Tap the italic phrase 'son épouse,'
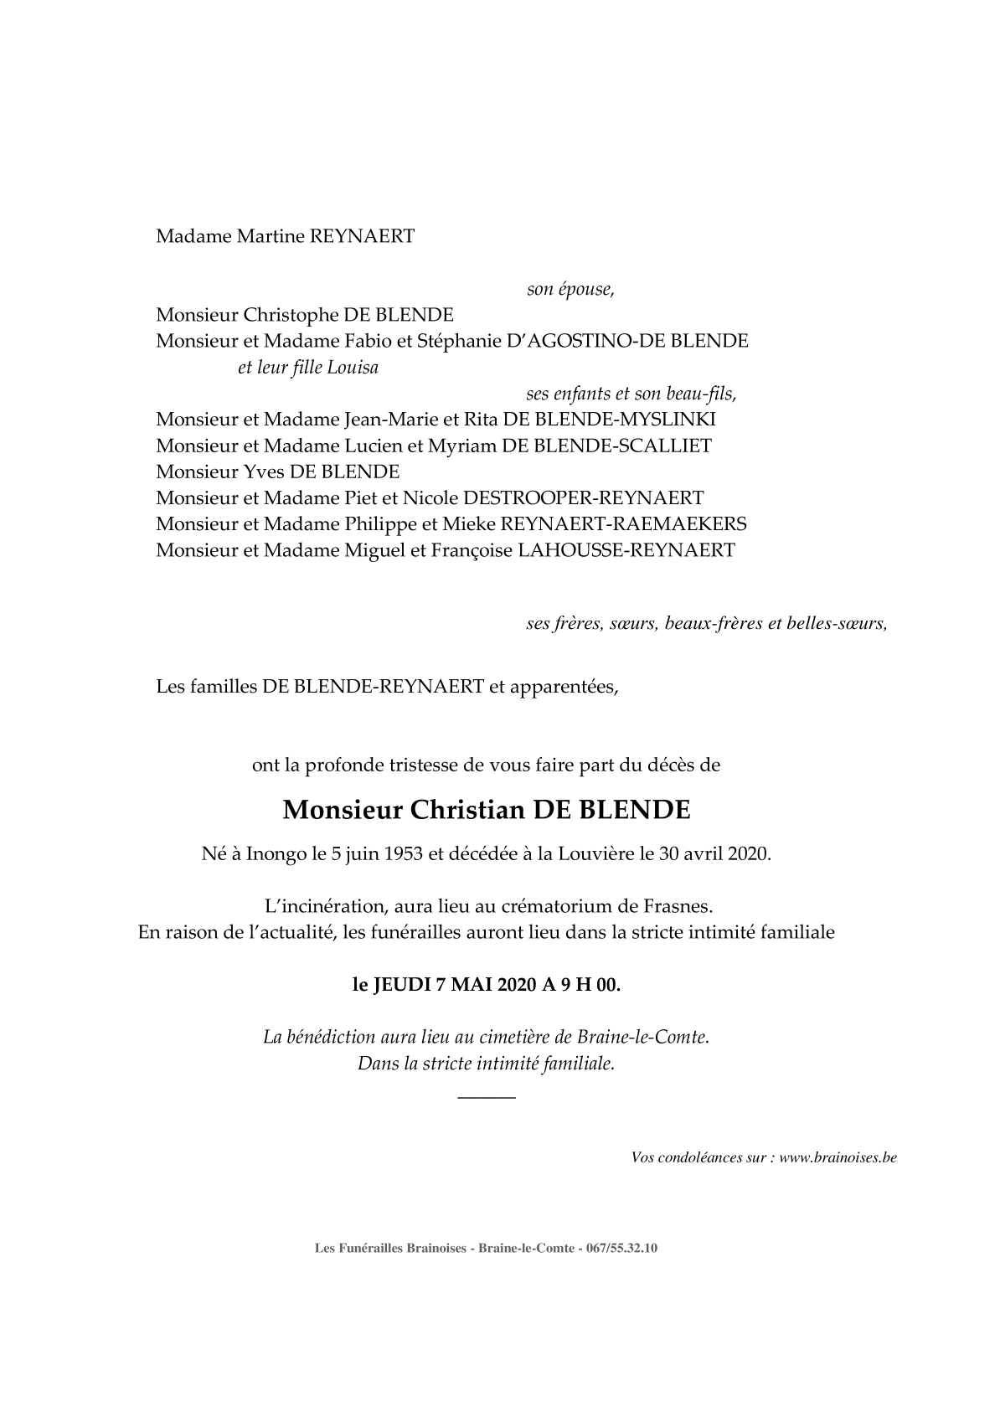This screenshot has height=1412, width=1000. point(570,290)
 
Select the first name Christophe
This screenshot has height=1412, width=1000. point(291,315)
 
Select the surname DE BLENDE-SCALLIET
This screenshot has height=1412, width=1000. point(607,446)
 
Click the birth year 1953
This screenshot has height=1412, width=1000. point(405,855)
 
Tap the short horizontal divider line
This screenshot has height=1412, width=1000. point(487,1097)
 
